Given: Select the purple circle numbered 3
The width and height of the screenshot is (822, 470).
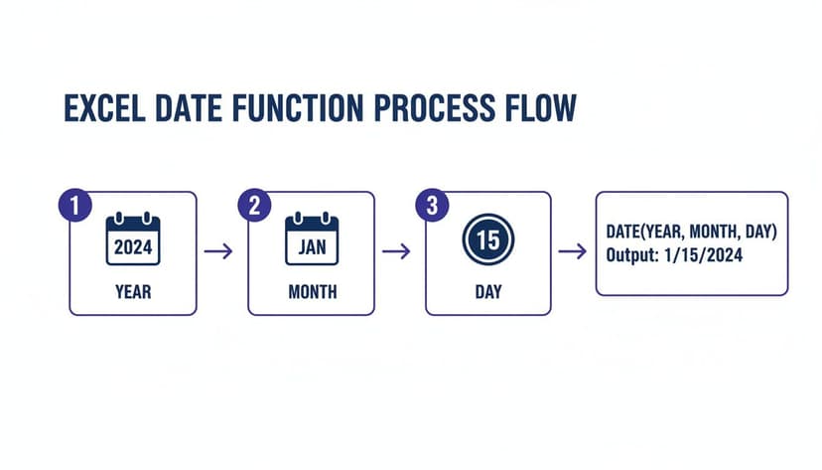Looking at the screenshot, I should (432, 206).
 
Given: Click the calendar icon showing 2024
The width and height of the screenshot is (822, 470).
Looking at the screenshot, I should (133, 239).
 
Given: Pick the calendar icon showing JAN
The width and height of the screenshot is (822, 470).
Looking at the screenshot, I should (312, 239).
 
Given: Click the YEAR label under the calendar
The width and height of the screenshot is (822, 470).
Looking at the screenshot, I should (133, 292).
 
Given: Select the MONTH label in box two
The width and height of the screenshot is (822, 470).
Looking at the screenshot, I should (312, 292).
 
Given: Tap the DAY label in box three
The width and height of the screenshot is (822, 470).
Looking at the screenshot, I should (488, 292).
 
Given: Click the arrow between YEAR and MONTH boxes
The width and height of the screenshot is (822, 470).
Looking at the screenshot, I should (218, 251).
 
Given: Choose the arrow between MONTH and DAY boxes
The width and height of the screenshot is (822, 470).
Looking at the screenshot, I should (396, 251).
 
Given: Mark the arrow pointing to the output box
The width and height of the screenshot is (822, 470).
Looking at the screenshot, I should (572, 251).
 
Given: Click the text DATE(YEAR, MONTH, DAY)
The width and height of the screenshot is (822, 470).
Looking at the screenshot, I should (691, 232).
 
